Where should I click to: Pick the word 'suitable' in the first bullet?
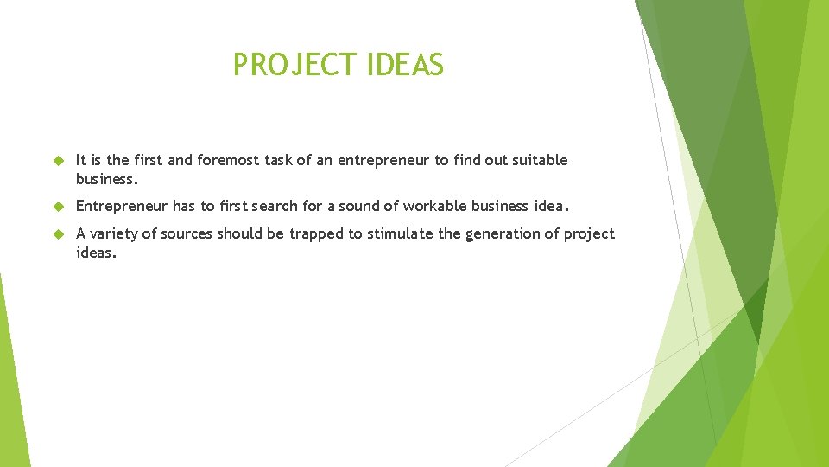(540, 160)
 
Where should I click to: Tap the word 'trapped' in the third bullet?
(317, 234)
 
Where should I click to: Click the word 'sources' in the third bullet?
(185, 233)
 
